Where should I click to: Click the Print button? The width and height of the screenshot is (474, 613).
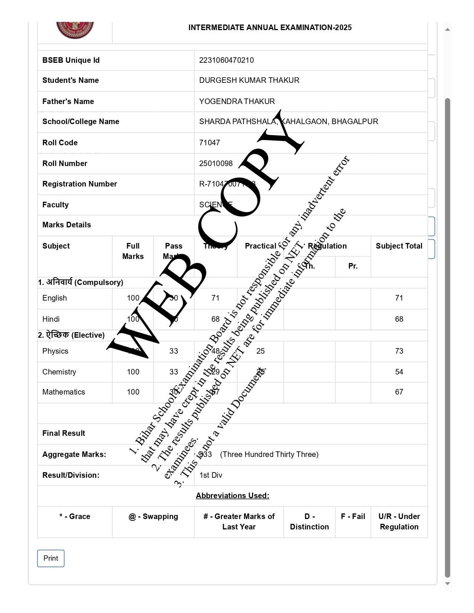pos(51,558)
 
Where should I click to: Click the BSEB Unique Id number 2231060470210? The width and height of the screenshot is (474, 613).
pos(226,60)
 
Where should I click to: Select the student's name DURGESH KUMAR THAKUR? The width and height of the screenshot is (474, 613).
pos(249,80)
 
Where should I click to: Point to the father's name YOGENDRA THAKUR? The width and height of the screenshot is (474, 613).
pos(237,101)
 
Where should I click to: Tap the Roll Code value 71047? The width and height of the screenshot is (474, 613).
pos(210,143)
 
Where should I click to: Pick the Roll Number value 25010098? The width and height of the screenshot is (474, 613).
pos(216,163)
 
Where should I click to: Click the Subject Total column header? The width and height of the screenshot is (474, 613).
pos(399,246)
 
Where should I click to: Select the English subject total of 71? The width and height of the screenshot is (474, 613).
pos(399,298)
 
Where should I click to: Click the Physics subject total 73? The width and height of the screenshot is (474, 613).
pos(399,351)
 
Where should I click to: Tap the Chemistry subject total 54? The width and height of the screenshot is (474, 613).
pos(399,372)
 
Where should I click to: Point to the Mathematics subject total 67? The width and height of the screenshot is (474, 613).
pos(399,392)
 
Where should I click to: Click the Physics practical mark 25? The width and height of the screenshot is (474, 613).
pos(260,351)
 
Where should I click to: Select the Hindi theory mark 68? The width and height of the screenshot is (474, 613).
pos(215,319)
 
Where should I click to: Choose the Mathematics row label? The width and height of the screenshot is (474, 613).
pos(64,392)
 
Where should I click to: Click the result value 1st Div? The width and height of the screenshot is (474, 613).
pos(211,475)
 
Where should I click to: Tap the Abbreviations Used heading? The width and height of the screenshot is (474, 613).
pos(232,496)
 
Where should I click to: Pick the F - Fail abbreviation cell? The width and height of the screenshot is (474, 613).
pos(353,516)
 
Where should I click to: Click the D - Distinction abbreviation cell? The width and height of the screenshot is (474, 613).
pos(309,522)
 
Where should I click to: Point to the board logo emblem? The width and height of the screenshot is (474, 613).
pos(75,30)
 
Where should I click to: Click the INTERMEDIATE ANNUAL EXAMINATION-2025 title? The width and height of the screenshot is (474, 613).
pos(270,27)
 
